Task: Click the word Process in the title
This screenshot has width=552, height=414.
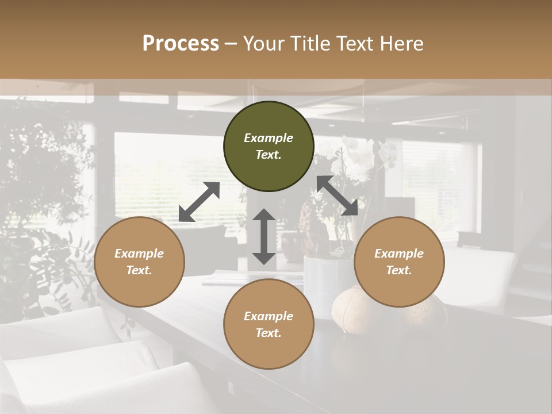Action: point(181,43)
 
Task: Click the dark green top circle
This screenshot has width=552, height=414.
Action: point(269,146)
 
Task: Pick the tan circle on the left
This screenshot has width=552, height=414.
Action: point(139,262)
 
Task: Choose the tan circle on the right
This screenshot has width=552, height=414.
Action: point(399,262)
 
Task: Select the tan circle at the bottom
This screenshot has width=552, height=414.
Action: point(269,324)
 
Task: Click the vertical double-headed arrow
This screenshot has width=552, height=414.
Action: point(264,236)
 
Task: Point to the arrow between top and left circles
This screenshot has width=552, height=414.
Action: point(199,202)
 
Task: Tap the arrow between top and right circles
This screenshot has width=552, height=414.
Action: point(338,195)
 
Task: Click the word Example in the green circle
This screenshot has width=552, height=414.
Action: point(269,138)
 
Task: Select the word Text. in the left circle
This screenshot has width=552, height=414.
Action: point(139,270)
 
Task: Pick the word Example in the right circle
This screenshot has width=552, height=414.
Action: point(399,254)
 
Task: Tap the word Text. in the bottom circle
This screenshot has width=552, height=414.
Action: point(269,333)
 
